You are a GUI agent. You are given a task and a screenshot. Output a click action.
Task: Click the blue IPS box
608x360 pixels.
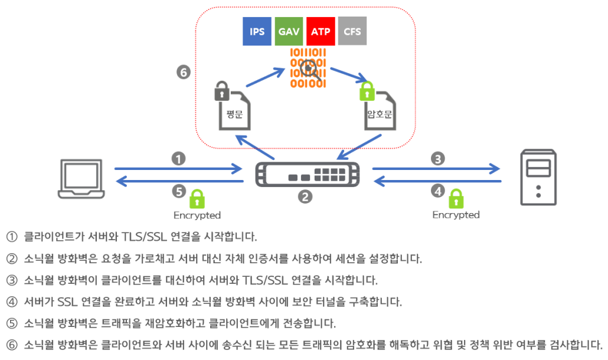(257, 31)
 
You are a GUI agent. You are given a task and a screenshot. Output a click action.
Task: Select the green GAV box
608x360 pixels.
(289, 31)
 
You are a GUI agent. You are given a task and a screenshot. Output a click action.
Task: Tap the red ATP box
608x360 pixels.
(321, 31)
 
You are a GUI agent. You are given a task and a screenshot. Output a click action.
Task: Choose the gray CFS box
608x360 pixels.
(352, 31)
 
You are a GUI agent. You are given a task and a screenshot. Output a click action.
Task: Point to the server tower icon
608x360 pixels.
(538, 178)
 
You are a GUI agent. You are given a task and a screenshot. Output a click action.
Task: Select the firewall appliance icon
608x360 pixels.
(306, 175)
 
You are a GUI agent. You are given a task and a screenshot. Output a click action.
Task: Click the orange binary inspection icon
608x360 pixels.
(308, 69)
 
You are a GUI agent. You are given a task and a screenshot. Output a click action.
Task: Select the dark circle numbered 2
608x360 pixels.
(305, 197)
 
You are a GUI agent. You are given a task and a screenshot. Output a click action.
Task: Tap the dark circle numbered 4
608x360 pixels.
(437, 191)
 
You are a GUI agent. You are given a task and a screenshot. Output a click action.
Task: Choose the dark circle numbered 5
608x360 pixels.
(179, 191)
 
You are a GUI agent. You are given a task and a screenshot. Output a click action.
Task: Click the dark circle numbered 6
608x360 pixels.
(184, 73)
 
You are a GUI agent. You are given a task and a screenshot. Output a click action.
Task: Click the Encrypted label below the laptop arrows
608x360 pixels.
(197, 215)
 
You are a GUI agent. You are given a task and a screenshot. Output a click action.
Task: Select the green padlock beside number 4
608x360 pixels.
(456, 198)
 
